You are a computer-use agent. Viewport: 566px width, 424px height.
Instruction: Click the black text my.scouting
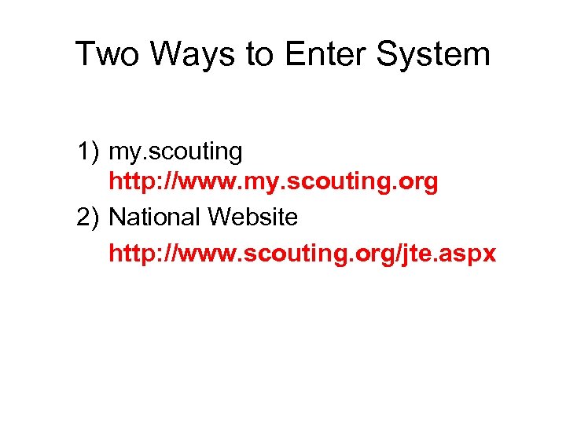(x=175, y=150)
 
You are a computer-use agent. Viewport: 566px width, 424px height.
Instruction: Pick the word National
(x=158, y=217)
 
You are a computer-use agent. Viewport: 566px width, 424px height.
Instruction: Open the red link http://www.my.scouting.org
(x=273, y=183)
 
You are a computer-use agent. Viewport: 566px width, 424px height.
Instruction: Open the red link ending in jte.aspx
(x=303, y=254)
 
